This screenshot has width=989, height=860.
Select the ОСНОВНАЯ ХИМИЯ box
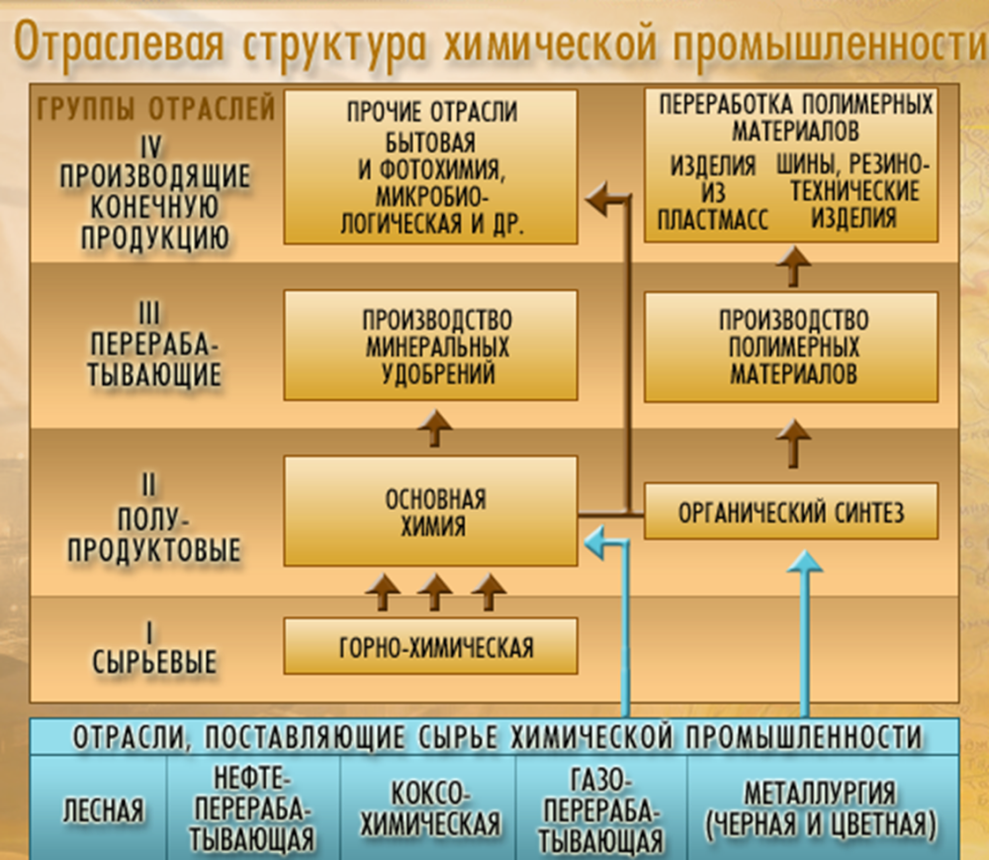[429, 511]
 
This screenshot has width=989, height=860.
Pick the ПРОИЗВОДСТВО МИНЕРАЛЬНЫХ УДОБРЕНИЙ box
[429, 346]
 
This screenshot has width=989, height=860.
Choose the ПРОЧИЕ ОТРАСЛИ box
[429, 167]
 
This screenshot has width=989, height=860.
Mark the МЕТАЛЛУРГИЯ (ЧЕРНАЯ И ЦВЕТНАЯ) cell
[823, 808]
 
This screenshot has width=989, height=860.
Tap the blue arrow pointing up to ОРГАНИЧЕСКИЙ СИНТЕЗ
[804, 633]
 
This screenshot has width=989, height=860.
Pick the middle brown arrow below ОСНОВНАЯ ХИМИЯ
[434, 593]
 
